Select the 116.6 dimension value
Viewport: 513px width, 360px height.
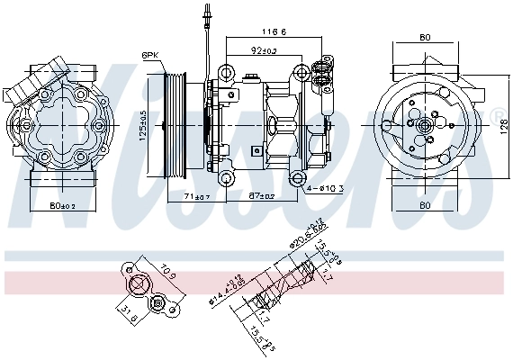coord(274,31)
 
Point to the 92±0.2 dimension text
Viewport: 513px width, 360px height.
coord(264,51)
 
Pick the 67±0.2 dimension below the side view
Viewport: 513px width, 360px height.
coord(262,195)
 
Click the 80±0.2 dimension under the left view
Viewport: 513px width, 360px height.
coord(62,207)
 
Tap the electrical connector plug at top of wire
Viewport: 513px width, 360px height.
coord(205,13)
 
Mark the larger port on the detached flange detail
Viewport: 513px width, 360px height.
coord(139,286)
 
